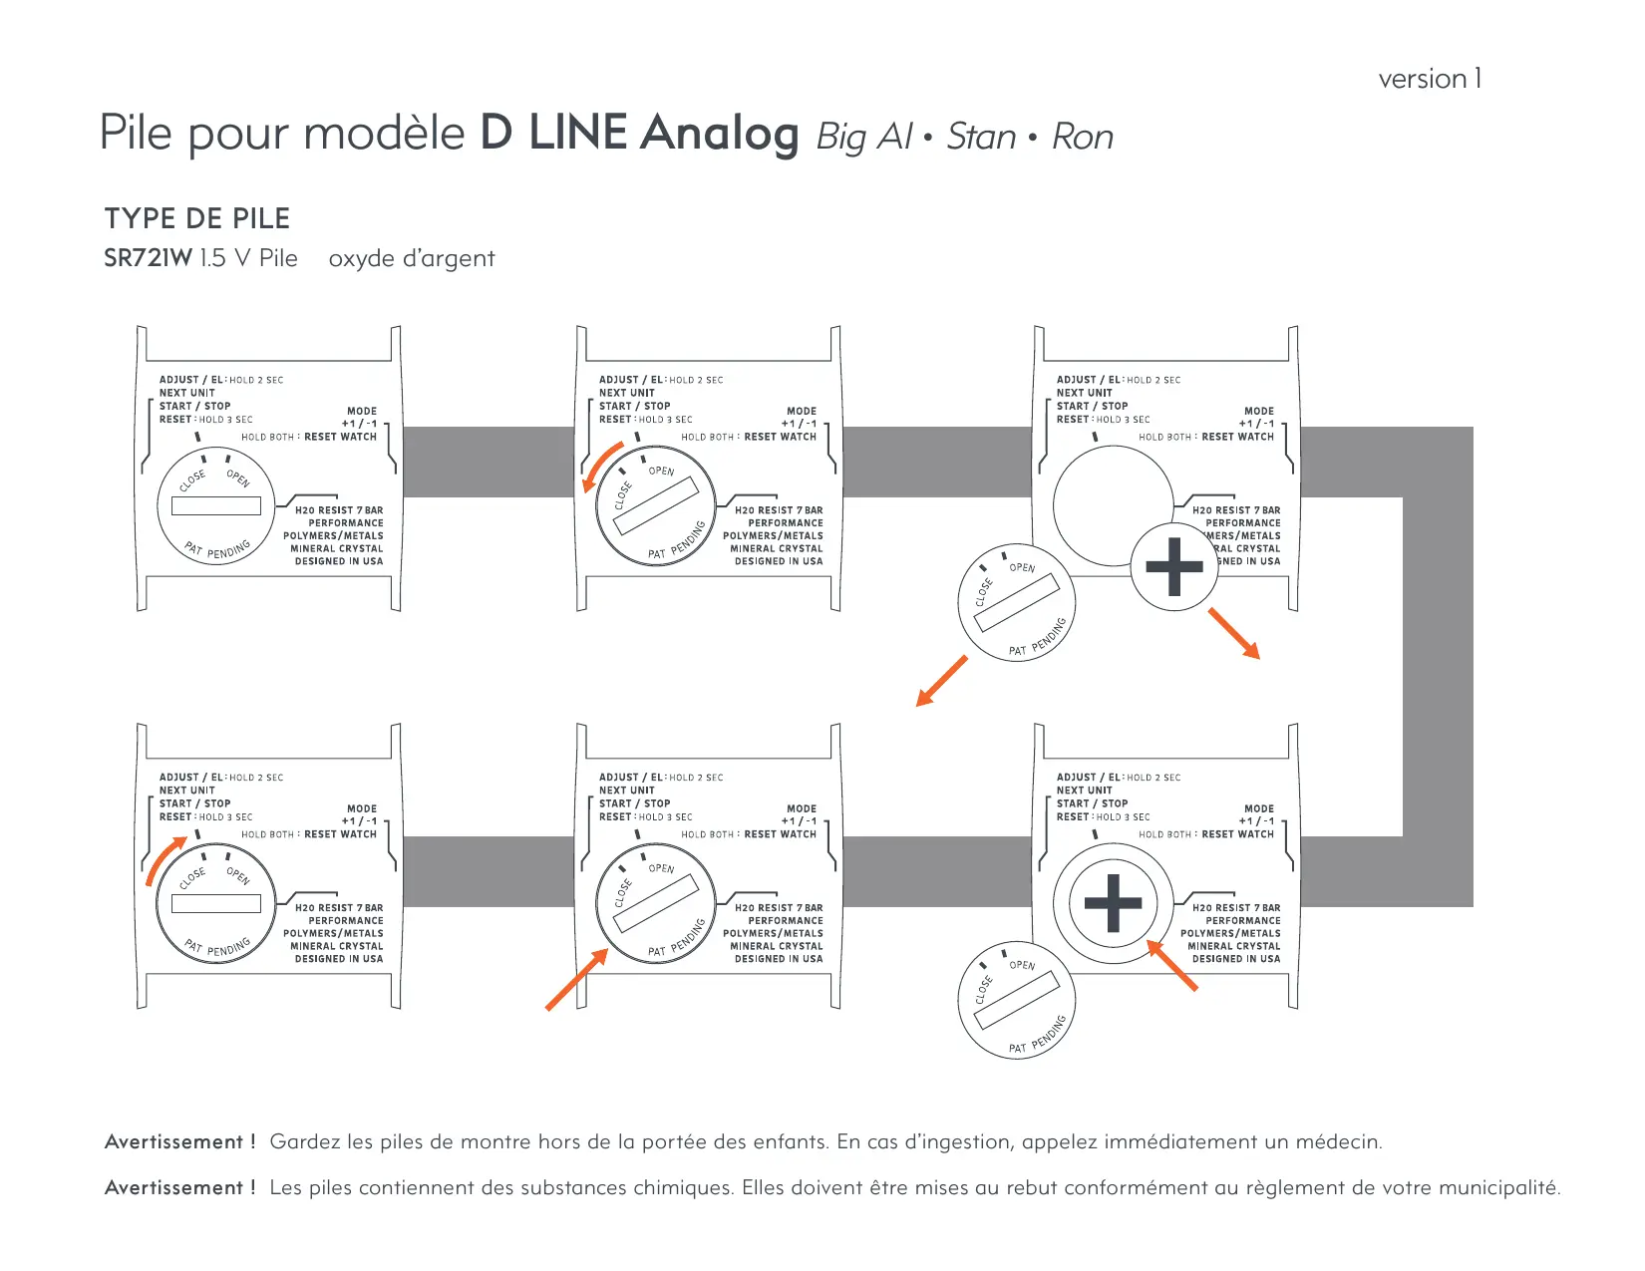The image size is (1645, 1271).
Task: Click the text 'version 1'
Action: pyautogui.click(x=1430, y=79)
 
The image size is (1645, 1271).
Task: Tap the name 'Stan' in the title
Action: pyautogui.click(x=981, y=137)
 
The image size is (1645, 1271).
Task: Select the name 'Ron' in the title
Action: pyautogui.click(x=1083, y=137)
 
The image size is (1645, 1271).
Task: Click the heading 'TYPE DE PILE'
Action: pyautogui.click(x=197, y=218)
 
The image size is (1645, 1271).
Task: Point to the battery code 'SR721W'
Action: pyautogui.click(x=148, y=258)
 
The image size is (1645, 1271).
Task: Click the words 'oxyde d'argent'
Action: pyautogui.click(x=412, y=258)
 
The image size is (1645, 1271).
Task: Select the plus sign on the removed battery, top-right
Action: pyautogui.click(x=1174, y=566)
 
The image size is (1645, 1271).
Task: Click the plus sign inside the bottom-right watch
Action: pyautogui.click(x=1113, y=904)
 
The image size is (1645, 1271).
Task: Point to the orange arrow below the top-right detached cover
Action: pyautogui.click(x=941, y=682)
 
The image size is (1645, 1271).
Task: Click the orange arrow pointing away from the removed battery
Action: pyautogui.click(x=1235, y=634)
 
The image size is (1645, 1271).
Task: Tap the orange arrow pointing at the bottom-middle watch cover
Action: pyautogui.click(x=577, y=980)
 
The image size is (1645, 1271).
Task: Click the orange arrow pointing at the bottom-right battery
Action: pyautogui.click(x=1172, y=965)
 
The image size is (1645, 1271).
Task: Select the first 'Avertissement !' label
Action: pyautogui.click(x=179, y=1141)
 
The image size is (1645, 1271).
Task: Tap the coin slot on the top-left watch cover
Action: pyautogui.click(x=215, y=505)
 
